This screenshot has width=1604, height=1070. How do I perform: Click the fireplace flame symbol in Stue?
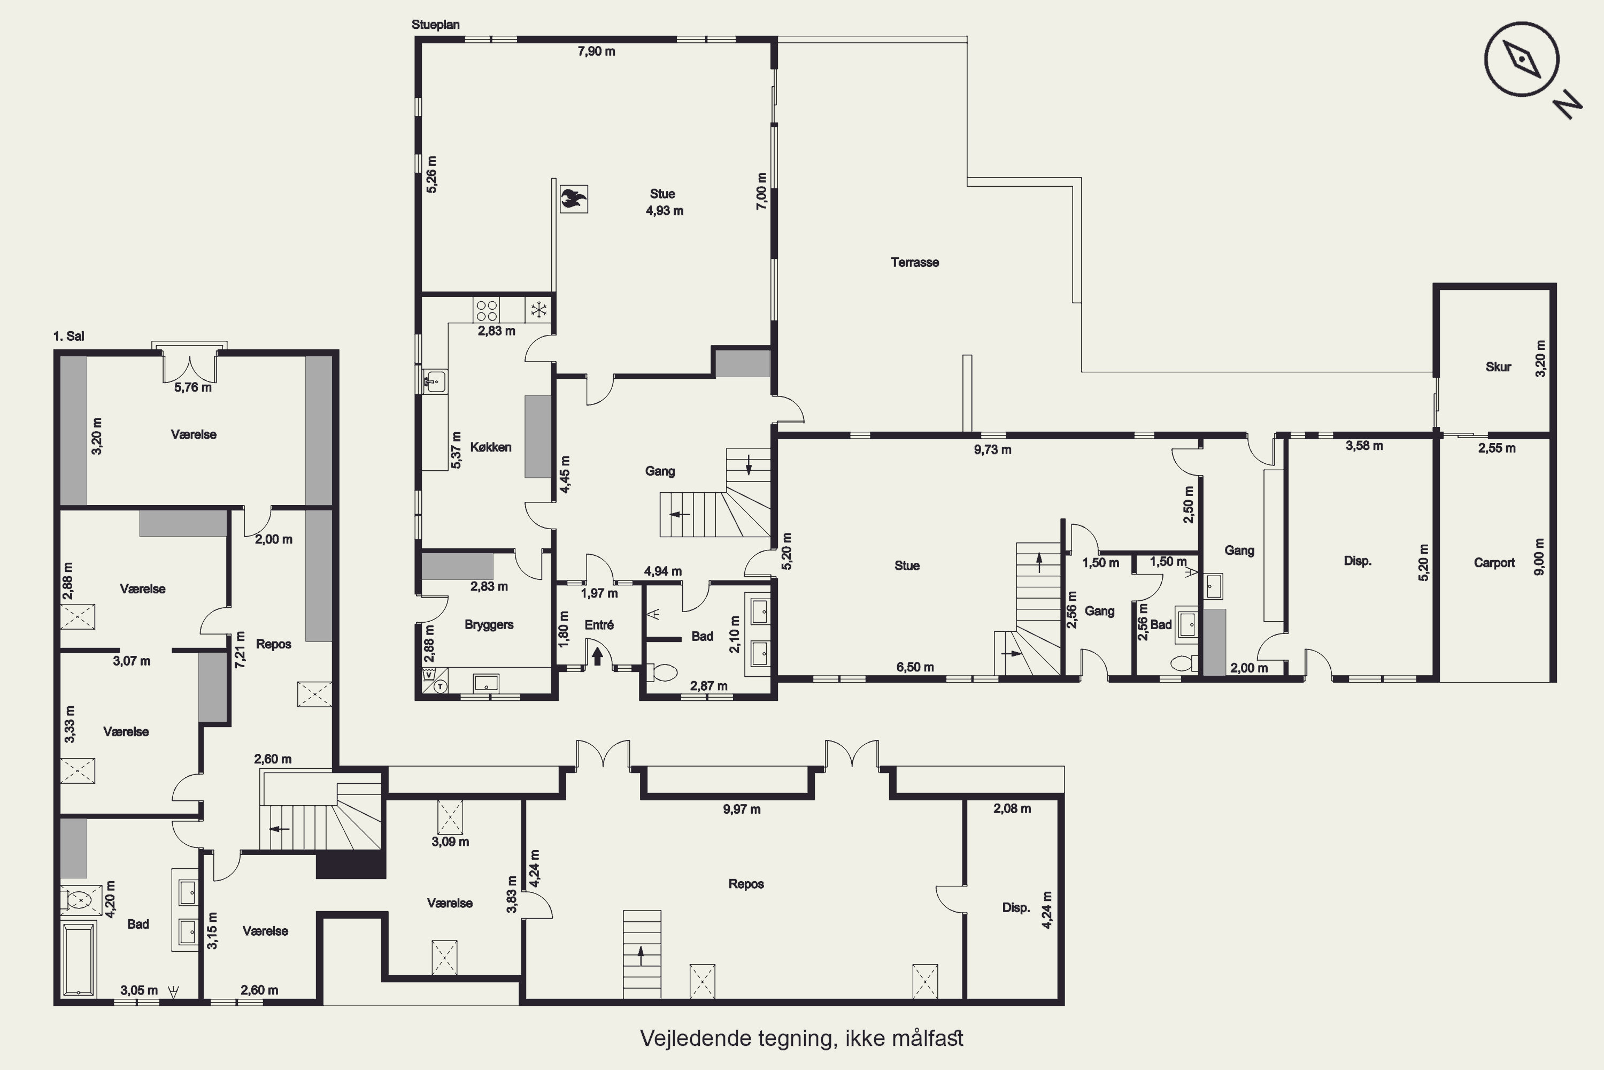[x=574, y=199]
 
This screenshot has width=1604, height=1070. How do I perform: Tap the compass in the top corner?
[x=1522, y=59]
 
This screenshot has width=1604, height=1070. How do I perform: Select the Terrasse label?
[x=914, y=263]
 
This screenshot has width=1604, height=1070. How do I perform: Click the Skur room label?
[x=1498, y=367]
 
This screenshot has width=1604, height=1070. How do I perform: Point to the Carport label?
[x=1494, y=563]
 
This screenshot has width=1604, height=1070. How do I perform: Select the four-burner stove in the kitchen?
[x=486, y=310]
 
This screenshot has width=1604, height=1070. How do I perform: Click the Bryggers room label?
[x=489, y=625]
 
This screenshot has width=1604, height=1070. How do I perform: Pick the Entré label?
[x=599, y=625]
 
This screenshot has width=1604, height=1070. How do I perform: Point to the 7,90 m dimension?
[x=596, y=52]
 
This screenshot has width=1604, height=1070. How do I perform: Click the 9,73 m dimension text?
[x=992, y=450]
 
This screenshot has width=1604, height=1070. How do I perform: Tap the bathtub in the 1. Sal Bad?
[x=79, y=959]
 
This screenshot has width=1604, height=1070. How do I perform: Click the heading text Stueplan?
[x=435, y=25]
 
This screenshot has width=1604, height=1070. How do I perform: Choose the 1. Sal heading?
[x=69, y=337]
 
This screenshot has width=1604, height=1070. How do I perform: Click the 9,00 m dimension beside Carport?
[x=1539, y=557]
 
